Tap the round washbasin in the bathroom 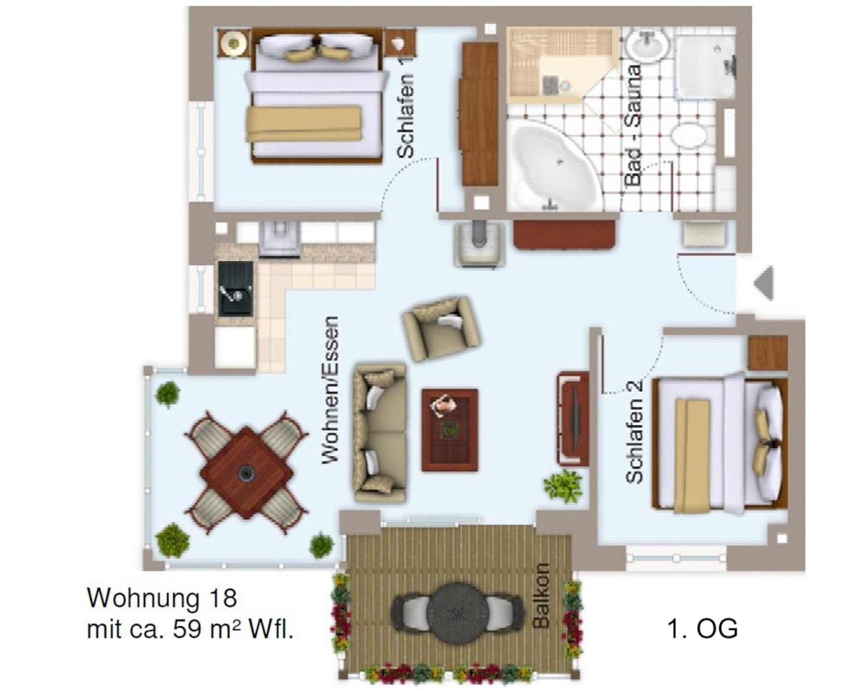point(648,44)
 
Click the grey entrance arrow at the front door point(764,283)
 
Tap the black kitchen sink point(235,289)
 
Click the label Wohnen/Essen point(331,390)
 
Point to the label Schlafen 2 point(634,431)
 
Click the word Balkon point(541,596)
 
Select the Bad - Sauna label point(633,125)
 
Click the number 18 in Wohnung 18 point(223,598)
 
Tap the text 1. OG point(702,629)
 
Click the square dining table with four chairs point(246,472)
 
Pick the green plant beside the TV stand point(563,486)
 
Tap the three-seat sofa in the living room point(380,433)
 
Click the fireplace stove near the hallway point(479,244)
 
